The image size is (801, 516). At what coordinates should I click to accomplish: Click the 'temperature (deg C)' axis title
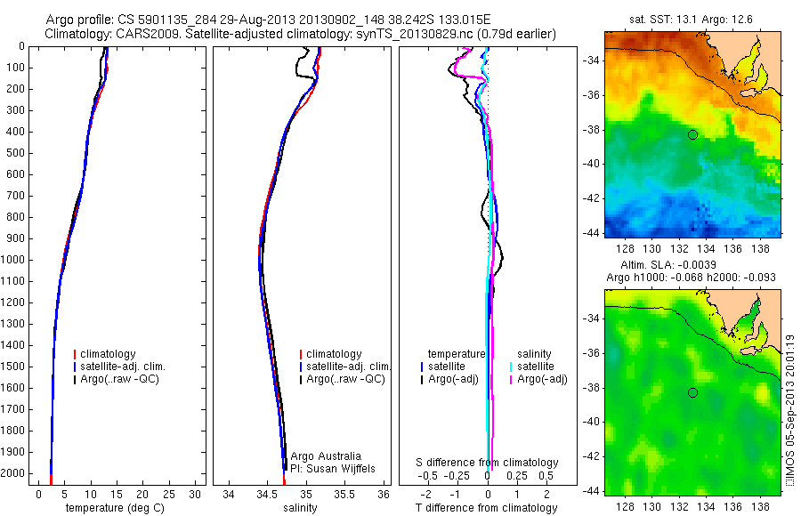click(x=116, y=508)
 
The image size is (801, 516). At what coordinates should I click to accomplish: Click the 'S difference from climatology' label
click(x=488, y=463)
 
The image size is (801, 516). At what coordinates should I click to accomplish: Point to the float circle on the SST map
click(x=692, y=134)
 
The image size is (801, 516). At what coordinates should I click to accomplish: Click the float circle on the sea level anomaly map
click(x=692, y=392)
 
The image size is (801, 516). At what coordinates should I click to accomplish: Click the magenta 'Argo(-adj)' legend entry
click(x=542, y=380)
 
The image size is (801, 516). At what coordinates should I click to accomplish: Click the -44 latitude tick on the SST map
click(x=593, y=232)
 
